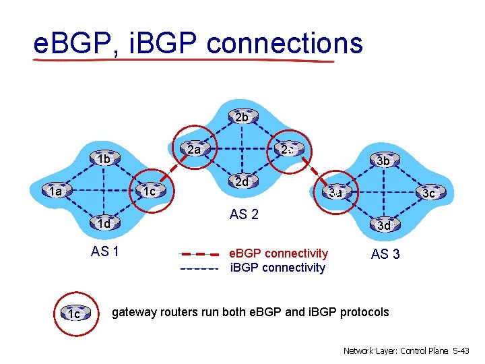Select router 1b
[104, 159]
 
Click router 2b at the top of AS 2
[242, 117]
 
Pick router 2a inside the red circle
[195, 150]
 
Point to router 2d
[241, 182]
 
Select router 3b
[383, 160]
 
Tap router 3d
[383, 225]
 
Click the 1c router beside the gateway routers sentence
[74, 313]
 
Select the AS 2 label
[244, 215]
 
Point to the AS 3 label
[385, 254]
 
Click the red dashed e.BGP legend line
[199, 255]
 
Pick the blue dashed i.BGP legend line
[199, 268]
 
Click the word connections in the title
[285, 43]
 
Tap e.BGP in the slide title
[73, 43]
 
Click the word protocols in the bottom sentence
[364, 312]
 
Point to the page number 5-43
[462, 351]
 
